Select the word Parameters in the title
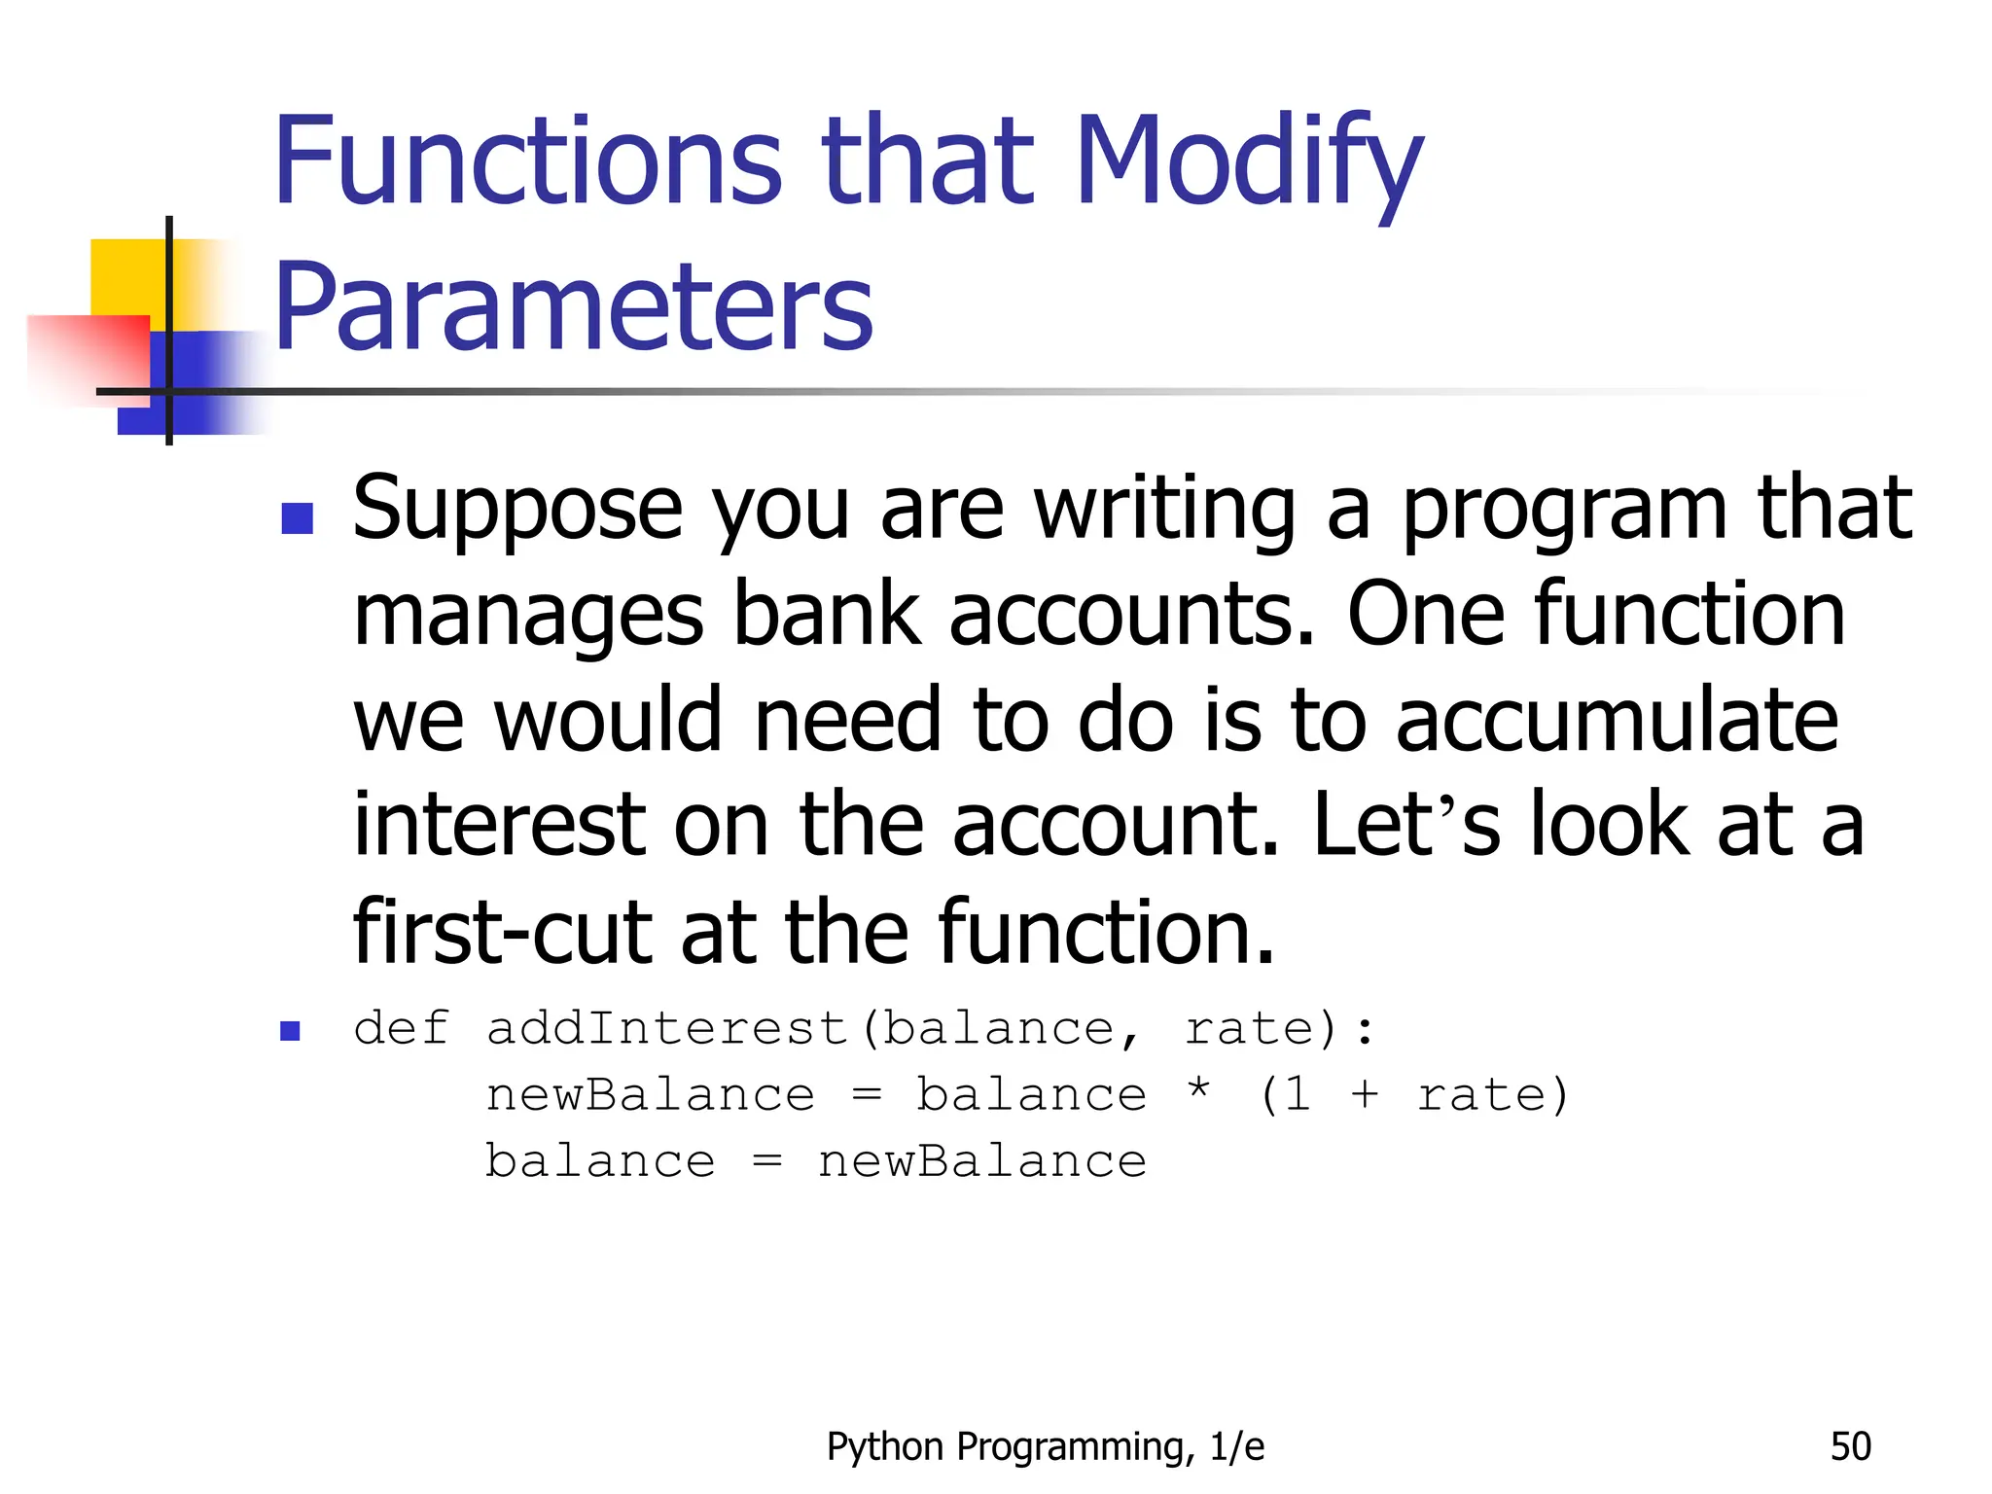click(574, 308)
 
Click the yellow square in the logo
click(126, 276)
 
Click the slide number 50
click(1850, 1446)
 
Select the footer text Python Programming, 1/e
click(1046, 1446)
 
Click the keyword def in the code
click(402, 1029)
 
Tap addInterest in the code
click(667, 1029)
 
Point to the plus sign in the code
click(1365, 1095)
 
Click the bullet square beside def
click(290, 1031)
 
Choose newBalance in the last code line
click(982, 1161)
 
